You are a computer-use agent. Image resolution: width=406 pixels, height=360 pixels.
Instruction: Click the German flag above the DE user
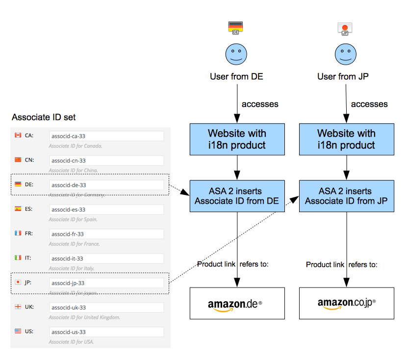pos(236,27)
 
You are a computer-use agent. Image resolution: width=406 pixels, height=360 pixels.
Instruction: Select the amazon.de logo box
pos(237,304)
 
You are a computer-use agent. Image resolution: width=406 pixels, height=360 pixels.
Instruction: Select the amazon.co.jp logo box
pos(346,304)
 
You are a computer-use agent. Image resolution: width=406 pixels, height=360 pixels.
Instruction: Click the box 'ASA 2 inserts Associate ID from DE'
pos(237,196)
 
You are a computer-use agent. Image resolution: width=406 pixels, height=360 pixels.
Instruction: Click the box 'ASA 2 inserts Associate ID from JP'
pos(346,196)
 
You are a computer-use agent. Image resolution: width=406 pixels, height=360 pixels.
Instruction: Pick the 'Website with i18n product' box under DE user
pos(237,139)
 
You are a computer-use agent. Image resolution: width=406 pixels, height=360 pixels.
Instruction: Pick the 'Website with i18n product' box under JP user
pos(346,139)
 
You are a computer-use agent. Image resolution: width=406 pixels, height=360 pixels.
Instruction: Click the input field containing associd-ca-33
pos(106,136)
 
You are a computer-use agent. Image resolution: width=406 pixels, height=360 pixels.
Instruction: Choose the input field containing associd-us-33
pos(106,332)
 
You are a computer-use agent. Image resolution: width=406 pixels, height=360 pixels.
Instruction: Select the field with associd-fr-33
pos(106,234)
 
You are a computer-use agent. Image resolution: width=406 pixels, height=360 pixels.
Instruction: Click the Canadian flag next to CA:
pos(18,135)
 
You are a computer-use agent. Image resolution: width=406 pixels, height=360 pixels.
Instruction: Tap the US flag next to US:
pos(18,331)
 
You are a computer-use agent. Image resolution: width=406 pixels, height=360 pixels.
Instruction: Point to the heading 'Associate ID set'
pos(44,117)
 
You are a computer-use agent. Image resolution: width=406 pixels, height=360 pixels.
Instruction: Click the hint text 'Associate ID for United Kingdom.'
pos(84,317)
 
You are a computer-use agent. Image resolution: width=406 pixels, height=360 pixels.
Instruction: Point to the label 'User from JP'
pos(343,76)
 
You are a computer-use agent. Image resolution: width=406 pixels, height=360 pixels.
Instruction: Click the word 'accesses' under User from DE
pos(260,104)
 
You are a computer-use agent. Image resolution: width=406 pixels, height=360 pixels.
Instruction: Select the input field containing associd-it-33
pos(106,259)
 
